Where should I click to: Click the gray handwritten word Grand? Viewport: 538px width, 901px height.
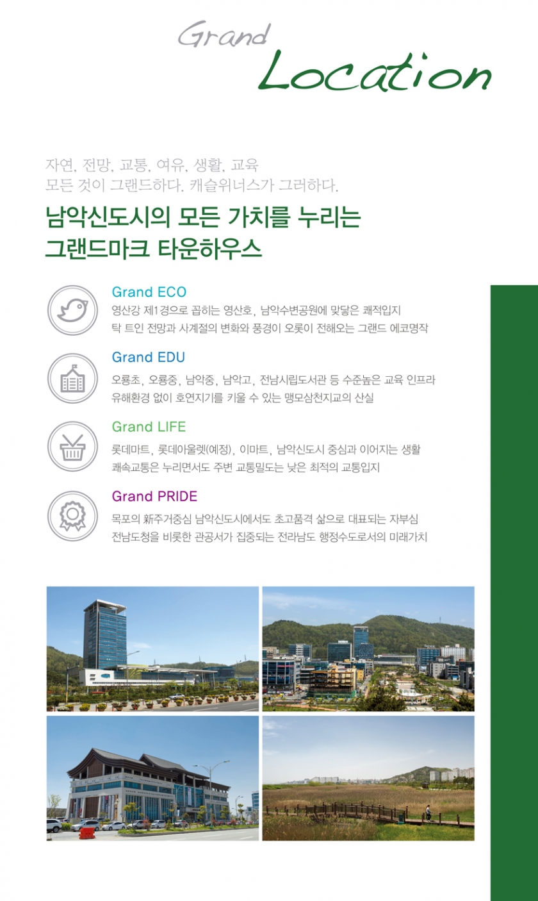(224, 35)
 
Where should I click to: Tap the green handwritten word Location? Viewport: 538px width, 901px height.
(375, 72)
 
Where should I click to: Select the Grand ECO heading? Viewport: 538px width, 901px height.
(149, 292)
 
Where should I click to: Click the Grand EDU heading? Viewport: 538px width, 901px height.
(149, 357)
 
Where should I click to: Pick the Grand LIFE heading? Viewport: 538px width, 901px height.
(149, 427)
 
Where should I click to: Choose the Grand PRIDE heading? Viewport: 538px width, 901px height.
(154, 497)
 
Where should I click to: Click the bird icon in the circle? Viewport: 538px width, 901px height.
(73, 310)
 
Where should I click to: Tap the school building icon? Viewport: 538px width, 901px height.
(73, 378)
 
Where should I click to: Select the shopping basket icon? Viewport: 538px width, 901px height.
(73, 447)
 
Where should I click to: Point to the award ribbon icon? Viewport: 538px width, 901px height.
(73, 516)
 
